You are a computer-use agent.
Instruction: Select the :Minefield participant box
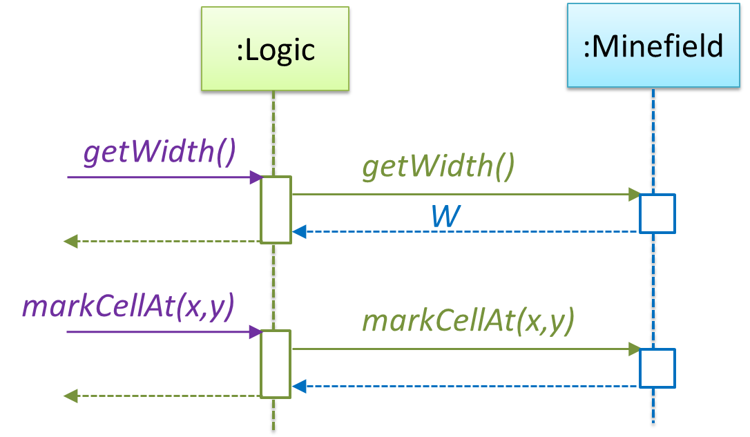click(x=653, y=46)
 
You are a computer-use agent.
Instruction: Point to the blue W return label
click(x=445, y=217)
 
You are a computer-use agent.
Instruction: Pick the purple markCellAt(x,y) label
click(x=128, y=308)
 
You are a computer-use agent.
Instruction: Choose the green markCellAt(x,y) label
click(x=468, y=322)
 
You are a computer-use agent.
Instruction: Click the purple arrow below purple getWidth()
click(x=163, y=178)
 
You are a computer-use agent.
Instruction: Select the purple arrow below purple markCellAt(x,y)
click(x=163, y=333)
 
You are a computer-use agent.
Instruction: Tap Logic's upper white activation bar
click(x=276, y=210)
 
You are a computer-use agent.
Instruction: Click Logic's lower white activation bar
click(x=276, y=364)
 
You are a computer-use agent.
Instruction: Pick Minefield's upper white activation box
click(x=657, y=214)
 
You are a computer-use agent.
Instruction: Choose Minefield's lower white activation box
click(x=657, y=368)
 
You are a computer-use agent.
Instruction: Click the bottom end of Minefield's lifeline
click(x=653, y=423)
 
